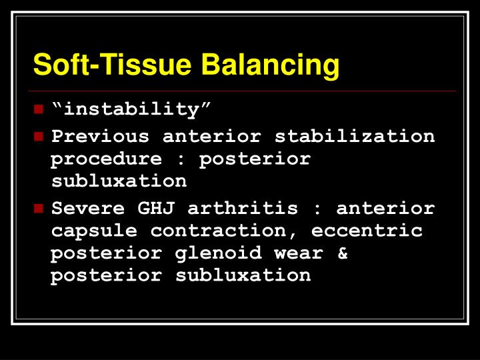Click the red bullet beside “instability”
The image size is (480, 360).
click(38, 109)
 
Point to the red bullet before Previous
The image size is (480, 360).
click(38, 137)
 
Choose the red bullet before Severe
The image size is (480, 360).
click(38, 209)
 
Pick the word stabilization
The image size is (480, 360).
click(355, 137)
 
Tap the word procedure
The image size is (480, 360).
click(106, 159)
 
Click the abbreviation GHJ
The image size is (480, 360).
click(155, 209)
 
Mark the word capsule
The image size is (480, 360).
click(94, 231)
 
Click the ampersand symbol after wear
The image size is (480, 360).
click(343, 254)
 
